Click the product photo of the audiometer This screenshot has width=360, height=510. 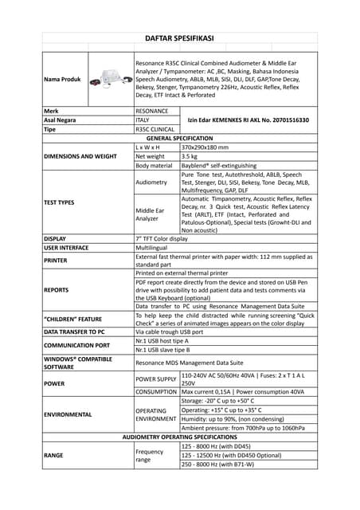[111, 79]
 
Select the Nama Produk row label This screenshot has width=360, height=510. [63, 80]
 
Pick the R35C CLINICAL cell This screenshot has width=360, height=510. [155, 128]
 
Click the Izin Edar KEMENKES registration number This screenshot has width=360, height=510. [248, 120]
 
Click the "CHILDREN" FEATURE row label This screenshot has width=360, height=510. [74, 319]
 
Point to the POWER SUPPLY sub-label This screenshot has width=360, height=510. [156, 379]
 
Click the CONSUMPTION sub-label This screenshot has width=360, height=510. [156, 392]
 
